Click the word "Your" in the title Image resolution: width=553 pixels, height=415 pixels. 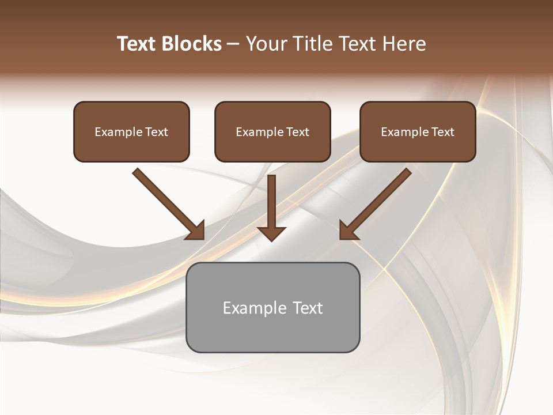[x=267, y=44]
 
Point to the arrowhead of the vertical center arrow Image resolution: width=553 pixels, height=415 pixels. [x=271, y=233]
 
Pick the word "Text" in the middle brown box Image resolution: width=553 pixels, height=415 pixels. [x=297, y=132]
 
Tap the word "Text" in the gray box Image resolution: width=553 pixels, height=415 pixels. [x=308, y=308]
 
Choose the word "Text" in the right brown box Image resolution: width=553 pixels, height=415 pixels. [x=442, y=132]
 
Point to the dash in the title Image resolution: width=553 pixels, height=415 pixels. [x=233, y=44]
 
